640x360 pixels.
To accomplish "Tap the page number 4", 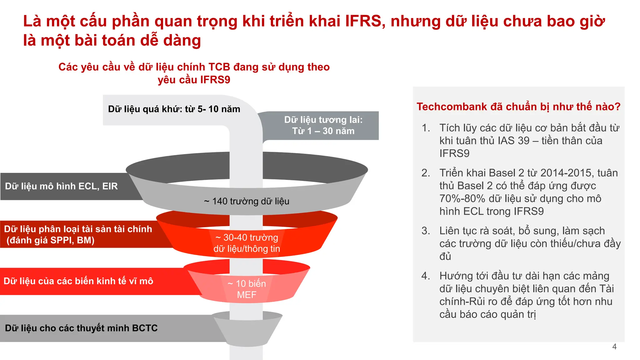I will pyautogui.click(x=614, y=347).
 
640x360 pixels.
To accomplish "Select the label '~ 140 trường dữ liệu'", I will pyautogui.click(x=247, y=201).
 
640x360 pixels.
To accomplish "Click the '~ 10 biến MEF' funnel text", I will pyautogui.click(x=247, y=289).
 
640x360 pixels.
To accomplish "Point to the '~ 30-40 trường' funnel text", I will pyautogui.click(x=247, y=238).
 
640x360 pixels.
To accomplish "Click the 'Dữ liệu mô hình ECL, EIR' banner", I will pyautogui.click(x=62, y=186).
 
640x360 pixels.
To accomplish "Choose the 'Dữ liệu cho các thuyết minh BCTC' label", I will pyautogui.click(x=81, y=328).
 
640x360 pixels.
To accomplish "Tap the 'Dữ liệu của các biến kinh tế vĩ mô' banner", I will pyautogui.click(x=78, y=281).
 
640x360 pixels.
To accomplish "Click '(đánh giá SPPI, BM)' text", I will pyautogui.click(x=51, y=240).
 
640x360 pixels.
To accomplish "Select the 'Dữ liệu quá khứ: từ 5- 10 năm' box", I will pyautogui.click(x=174, y=109).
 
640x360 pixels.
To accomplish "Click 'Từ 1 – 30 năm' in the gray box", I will pyautogui.click(x=323, y=131).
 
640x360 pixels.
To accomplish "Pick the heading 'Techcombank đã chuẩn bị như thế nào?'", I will pyautogui.click(x=518, y=107).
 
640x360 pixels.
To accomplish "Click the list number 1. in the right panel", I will pyautogui.click(x=426, y=128).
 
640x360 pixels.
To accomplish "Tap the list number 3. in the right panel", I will pyautogui.click(x=426, y=231).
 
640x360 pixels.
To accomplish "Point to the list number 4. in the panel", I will pyautogui.click(x=426, y=276).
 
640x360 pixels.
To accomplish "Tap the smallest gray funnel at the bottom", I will pyautogui.click(x=247, y=331).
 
